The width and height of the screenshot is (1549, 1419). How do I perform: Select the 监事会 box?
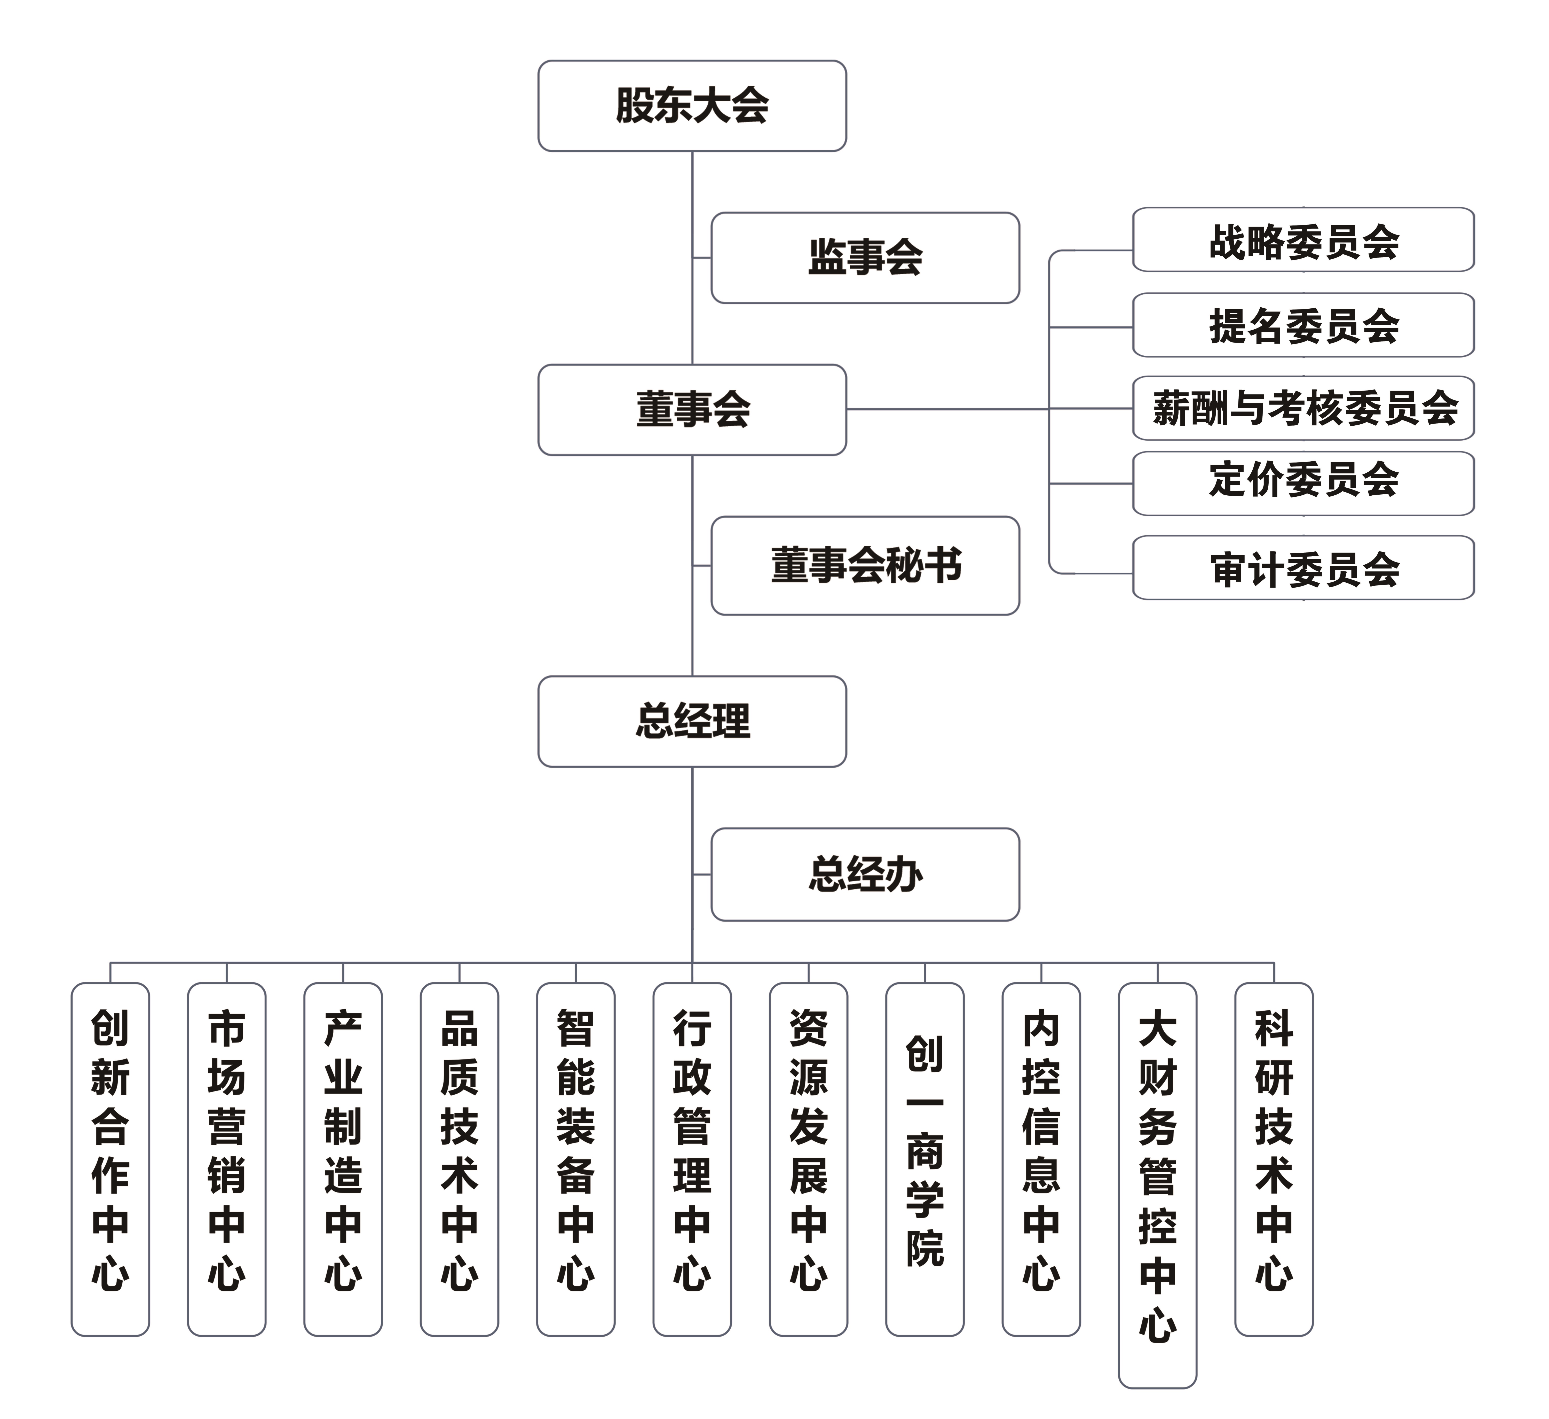[865, 258]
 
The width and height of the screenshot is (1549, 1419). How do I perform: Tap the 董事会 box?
[692, 410]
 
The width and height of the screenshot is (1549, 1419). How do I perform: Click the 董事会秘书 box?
[865, 566]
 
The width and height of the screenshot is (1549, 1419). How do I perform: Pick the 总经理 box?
[692, 721]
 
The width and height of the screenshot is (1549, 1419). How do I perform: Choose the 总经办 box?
[865, 874]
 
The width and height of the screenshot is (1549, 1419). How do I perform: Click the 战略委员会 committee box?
[1303, 240]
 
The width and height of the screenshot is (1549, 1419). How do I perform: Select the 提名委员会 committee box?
[1303, 325]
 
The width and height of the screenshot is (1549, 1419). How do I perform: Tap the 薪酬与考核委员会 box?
[1303, 408]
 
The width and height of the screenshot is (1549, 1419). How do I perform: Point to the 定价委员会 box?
[1303, 484]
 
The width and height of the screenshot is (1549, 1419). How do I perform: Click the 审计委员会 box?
[1303, 568]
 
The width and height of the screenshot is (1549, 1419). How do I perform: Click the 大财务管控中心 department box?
[1157, 1184]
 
